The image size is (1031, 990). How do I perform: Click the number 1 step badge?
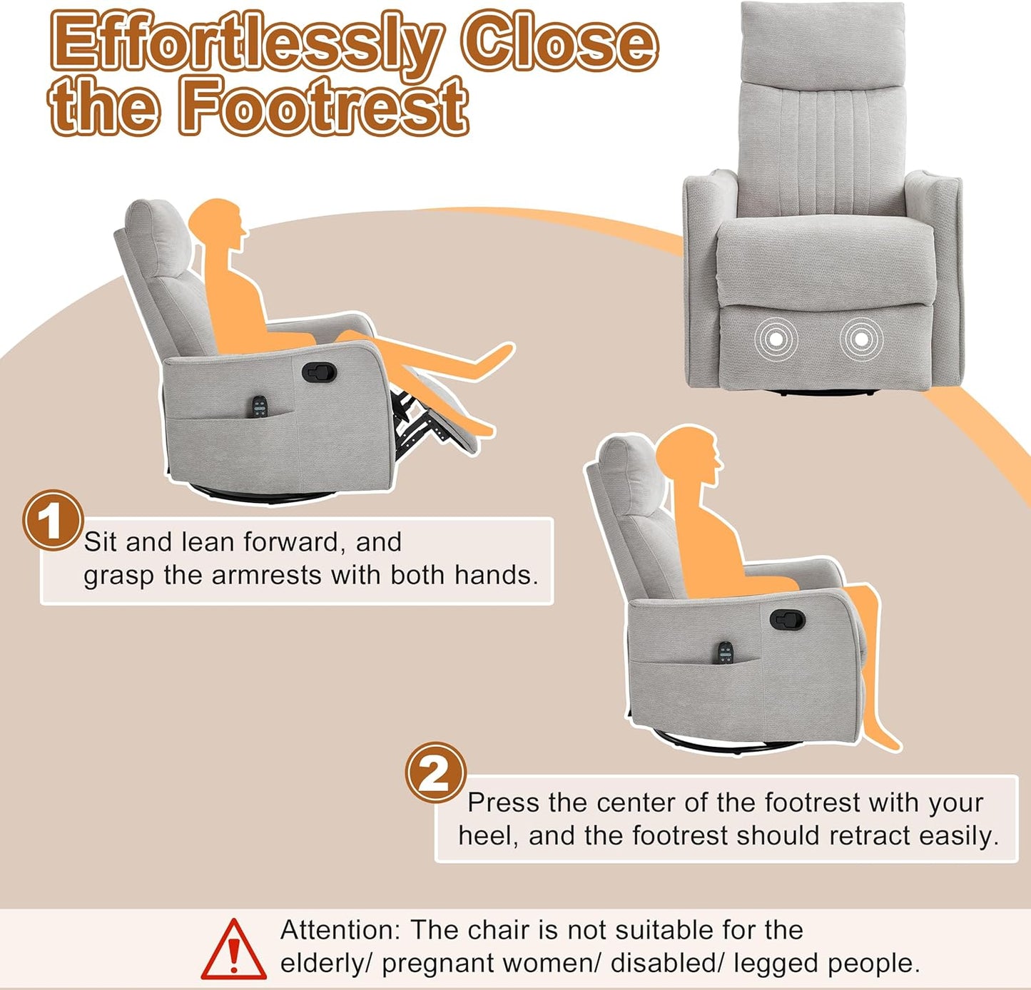(53, 521)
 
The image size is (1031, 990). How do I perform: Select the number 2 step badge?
(435, 772)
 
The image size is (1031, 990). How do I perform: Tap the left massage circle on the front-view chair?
(776, 339)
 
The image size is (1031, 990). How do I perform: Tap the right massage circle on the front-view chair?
(861, 339)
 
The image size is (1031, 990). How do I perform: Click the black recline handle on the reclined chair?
(319, 372)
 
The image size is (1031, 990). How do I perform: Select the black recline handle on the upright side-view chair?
(787, 618)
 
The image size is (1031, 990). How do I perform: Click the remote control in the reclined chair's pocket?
(259, 407)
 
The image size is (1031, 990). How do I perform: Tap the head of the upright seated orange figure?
(688, 456)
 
